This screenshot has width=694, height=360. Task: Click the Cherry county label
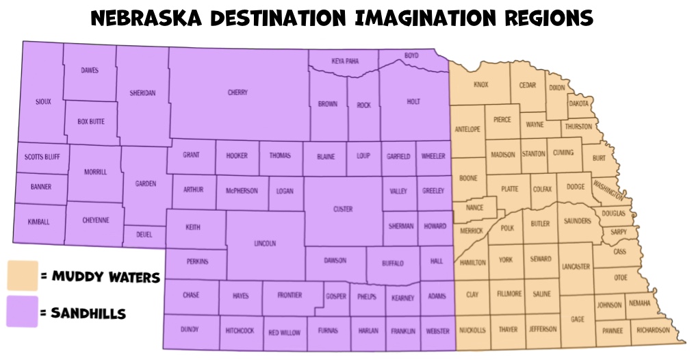(237, 92)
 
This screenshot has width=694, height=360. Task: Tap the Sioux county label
(43, 102)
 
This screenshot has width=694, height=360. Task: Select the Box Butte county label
(91, 121)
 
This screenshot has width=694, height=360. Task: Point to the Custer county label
(343, 209)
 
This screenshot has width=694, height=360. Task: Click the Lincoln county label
(265, 243)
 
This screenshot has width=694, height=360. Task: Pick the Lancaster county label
(575, 266)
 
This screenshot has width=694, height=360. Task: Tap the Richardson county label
(652, 330)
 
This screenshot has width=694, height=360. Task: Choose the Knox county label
(481, 85)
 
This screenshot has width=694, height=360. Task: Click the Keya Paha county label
(345, 61)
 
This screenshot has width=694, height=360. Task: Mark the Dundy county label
(190, 329)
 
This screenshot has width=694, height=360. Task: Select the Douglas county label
(614, 214)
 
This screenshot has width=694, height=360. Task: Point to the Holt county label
(413, 101)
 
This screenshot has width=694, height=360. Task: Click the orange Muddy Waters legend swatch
(21, 276)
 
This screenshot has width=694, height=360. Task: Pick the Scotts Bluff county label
(42, 157)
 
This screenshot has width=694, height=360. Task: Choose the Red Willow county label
(284, 333)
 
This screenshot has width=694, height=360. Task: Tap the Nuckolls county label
(472, 329)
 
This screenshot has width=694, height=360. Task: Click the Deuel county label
(144, 234)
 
